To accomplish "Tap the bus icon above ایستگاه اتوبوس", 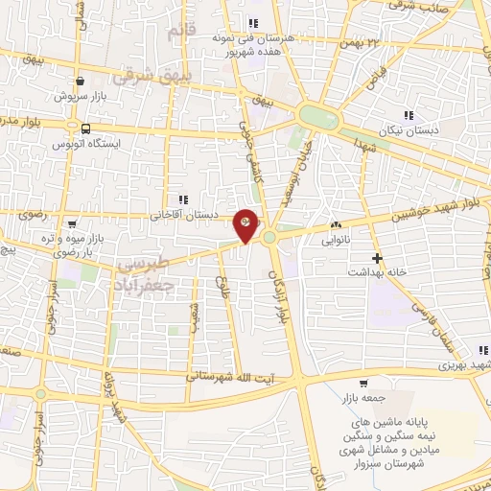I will [x=86, y=129].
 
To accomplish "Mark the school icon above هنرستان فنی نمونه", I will [x=253, y=23].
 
